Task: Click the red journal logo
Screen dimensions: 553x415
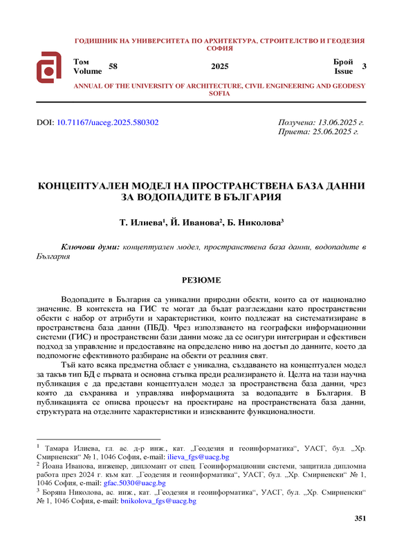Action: pyautogui.click(x=51, y=66)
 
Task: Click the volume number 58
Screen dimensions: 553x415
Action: pyautogui.click(x=113, y=66)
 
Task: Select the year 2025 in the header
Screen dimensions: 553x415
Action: pyautogui.click(x=219, y=66)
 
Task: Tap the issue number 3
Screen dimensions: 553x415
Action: pyautogui.click(x=365, y=66)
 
